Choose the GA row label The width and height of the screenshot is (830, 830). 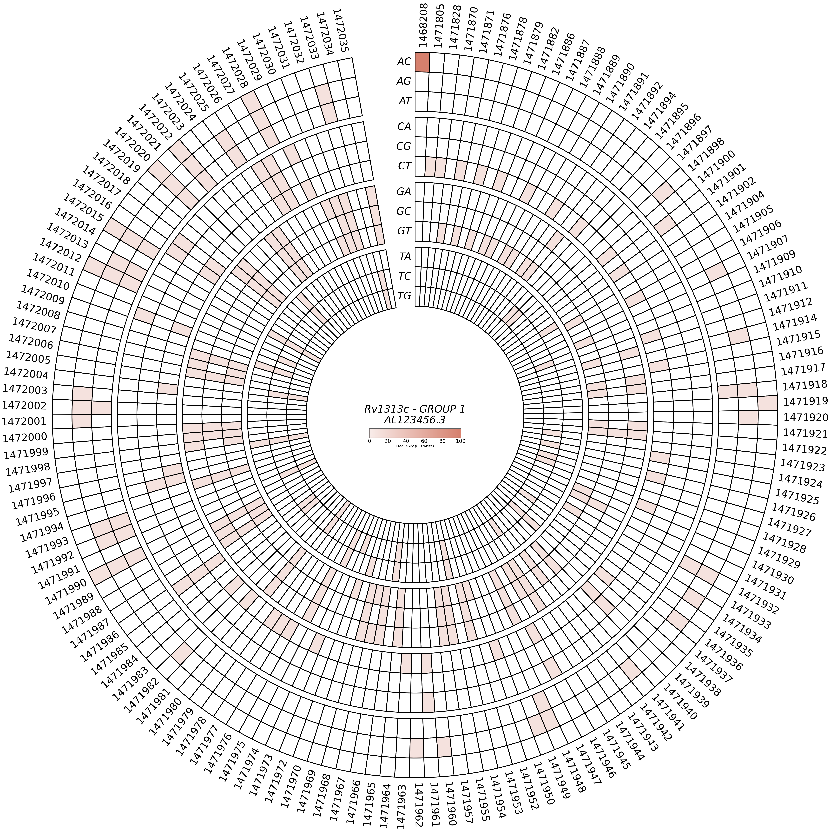click(404, 192)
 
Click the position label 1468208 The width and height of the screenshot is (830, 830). click(424, 27)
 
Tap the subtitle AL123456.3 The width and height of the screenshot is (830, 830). click(415, 420)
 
